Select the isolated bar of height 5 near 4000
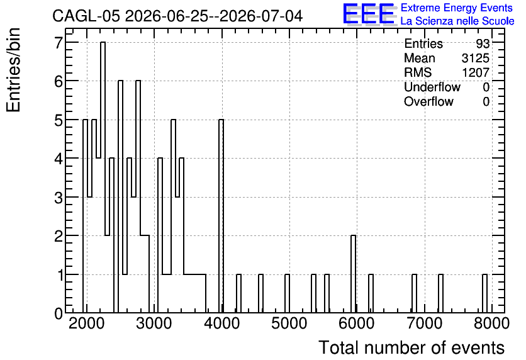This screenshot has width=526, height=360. pyautogui.click(x=221, y=216)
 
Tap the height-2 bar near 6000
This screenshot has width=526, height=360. pyautogui.click(x=353, y=274)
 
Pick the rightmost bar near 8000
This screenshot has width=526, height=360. pyautogui.click(x=484, y=293)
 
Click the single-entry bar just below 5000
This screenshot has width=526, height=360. pyautogui.click(x=287, y=293)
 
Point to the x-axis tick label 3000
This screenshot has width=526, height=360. pyautogui.click(x=154, y=323)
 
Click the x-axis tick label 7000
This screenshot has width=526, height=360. pyautogui.click(x=424, y=323)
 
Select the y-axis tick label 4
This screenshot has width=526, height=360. pyautogui.click(x=59, y=159)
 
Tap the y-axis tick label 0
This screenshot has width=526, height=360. pyautogui.click(x=59, y=313)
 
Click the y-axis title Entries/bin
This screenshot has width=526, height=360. pyautogui.click(x=14, y=70)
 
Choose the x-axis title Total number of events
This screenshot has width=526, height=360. pyautogui.click(x=411, y=347)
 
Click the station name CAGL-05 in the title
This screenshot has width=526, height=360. pyautogui.click(x=86, y=16)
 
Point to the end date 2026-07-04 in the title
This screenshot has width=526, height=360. pyautogui.click(x=261, y=16)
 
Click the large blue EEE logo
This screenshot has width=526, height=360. pyautogui.click(x=369, y=14)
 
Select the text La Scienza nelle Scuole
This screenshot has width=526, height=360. pyautogui.click(x=457, y=21)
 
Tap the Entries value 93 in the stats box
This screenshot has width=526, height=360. pyautogui.click(x=483, y=43)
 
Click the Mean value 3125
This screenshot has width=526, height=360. pyautogui.click(x=475, y=58)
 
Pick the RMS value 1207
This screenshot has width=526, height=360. pyautogui.click(x=476, y=72)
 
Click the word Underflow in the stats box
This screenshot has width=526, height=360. pyautogui.click(x=432, y=87)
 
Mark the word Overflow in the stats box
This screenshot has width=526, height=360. pyautogui.click(x=428, y=101)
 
